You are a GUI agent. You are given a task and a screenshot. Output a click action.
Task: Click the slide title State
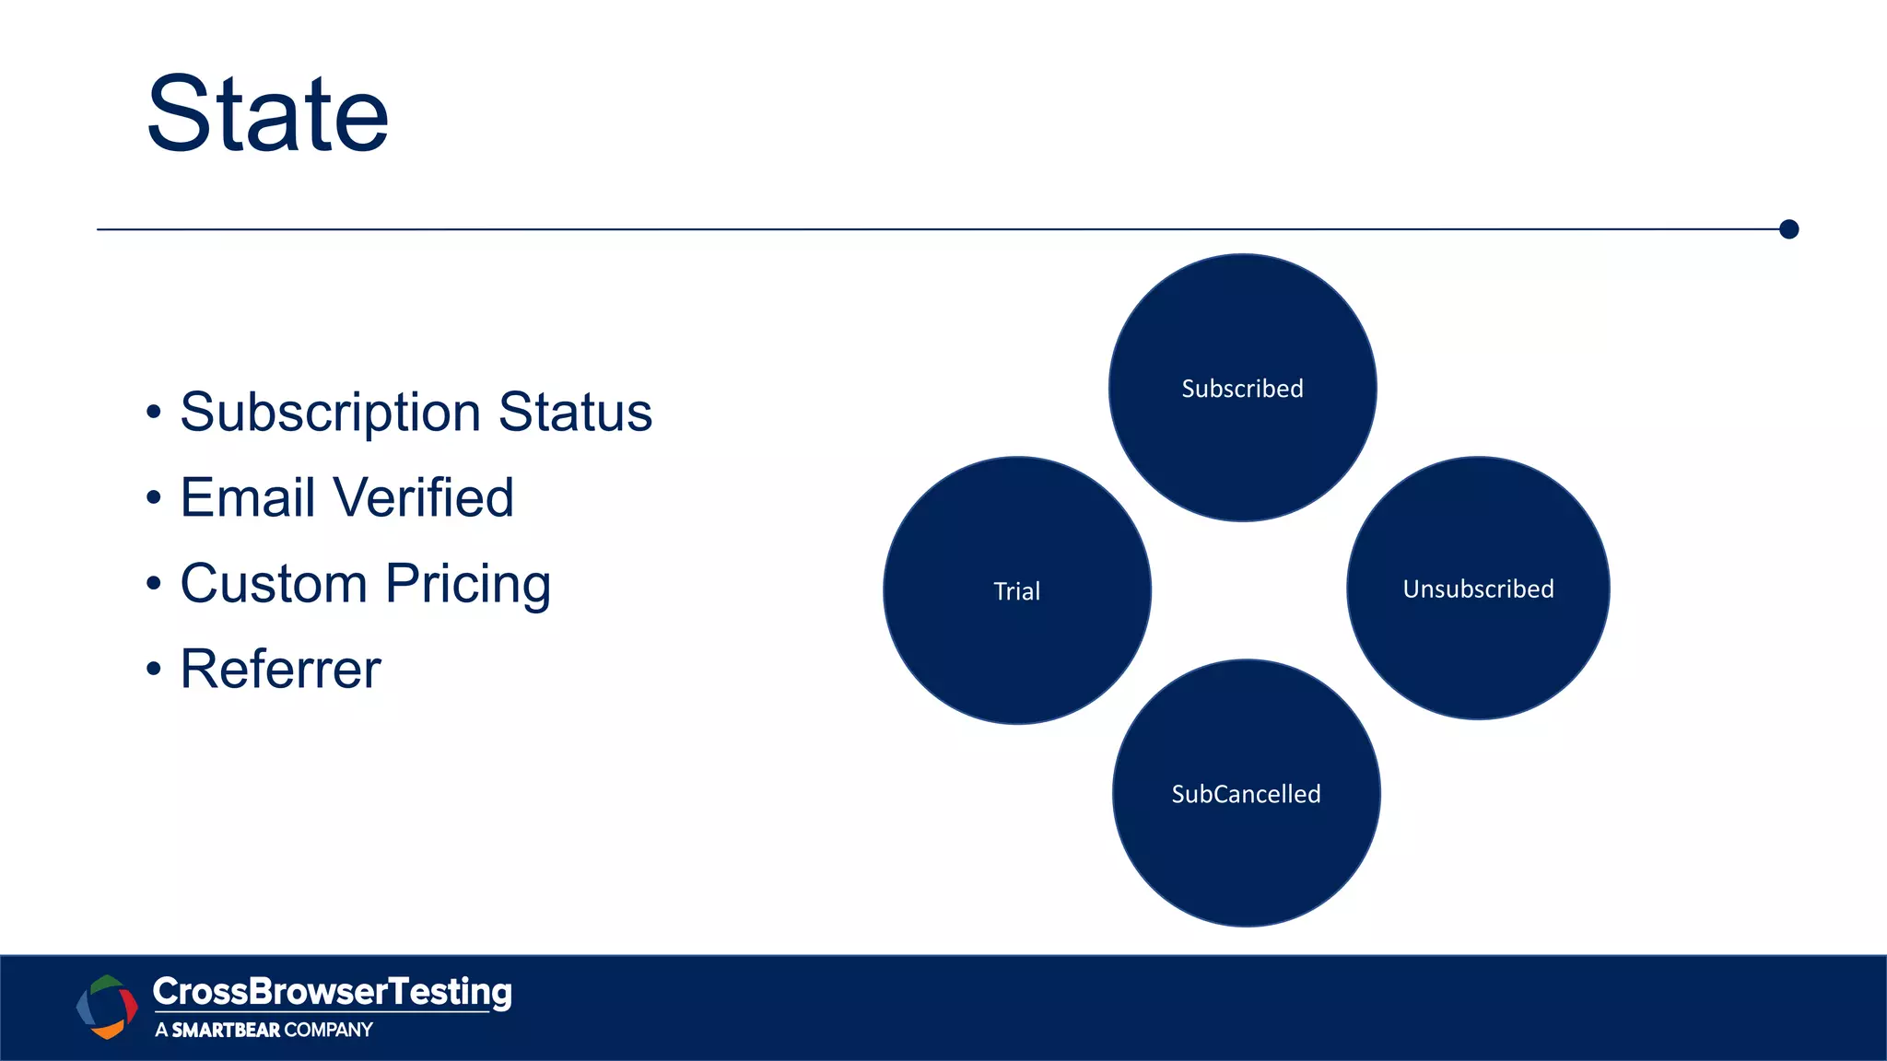tap(267, 115)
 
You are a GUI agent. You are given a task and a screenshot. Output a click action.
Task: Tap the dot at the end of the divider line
tap(1788, 229)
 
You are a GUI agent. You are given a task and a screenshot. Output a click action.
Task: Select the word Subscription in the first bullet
tap(330, 412)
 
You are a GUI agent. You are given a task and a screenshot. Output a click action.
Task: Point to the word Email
tap(248, 497)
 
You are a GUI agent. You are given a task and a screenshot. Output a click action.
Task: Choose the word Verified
tap(423, 497)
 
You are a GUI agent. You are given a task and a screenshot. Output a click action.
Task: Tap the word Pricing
tap(468, 584)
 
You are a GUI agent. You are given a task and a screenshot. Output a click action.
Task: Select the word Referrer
tap(280, 669)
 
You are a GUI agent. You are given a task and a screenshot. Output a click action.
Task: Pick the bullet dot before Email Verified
tap(154, 498)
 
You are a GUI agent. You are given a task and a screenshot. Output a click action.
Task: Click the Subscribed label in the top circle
tap(1242, 389)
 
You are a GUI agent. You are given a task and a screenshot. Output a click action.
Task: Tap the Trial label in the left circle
tap(1016, 591)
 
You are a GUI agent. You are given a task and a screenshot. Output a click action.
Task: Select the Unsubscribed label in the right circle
tap(1478, 589)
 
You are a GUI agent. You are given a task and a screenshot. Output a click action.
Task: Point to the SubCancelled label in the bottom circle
tap(1246, 794)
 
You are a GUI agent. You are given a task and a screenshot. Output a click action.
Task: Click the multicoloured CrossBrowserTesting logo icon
tap(107, 1007)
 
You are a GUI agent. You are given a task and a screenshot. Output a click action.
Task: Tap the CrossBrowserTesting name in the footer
tap(332, 992)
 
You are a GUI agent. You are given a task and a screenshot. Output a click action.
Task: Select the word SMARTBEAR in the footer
tap(226, 1030)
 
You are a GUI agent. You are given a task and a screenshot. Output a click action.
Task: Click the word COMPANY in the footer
tap(328, 1030)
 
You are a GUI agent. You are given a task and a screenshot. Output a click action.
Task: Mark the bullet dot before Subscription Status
tap(154, 413)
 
